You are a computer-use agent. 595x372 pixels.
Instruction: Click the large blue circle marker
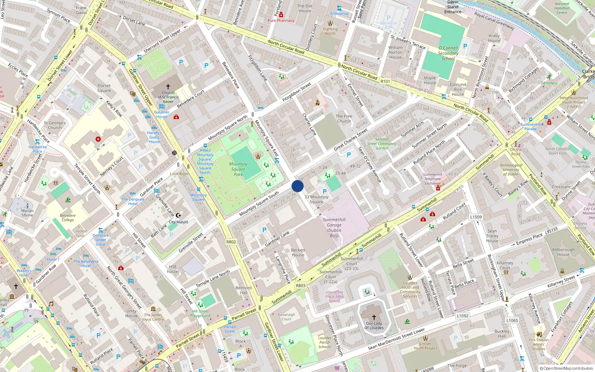click(x=297, y=186)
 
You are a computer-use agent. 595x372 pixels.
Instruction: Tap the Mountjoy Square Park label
click(x=238, y=169)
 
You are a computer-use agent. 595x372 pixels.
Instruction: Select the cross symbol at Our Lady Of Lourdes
click(x=374, y=317)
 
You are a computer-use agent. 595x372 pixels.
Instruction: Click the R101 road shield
click(x=385, y=81)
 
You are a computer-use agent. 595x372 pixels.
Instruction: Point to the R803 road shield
click(x=300, y=286)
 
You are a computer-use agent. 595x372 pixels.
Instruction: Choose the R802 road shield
click(x=231, y=242)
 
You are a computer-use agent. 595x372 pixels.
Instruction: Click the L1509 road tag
click(x=476, y=217)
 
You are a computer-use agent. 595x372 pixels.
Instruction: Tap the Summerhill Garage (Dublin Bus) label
click(x=334, y=227)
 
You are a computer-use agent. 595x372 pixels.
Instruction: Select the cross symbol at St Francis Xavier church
click(x=168, y=87)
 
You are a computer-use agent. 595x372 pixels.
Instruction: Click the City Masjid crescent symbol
click(x=178, y=215)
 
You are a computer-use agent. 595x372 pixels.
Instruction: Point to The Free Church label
click(x=344, y=118)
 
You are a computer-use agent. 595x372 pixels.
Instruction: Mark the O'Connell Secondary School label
click(x=448, y=53)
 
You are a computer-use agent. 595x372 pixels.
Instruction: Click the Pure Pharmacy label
click(x=281, y=20)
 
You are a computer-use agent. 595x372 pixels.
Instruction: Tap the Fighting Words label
click(x=330, y=31)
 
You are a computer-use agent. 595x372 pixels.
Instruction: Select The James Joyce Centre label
click(x=153, y=317)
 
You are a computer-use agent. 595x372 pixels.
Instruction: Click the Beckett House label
click(x=298, y=253)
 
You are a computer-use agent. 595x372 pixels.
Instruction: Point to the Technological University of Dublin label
click(x=511, y=170)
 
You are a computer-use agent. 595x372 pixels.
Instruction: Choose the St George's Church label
click(x=55, y=125)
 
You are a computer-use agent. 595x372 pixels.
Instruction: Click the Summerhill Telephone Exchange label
click(x=432, y=179)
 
